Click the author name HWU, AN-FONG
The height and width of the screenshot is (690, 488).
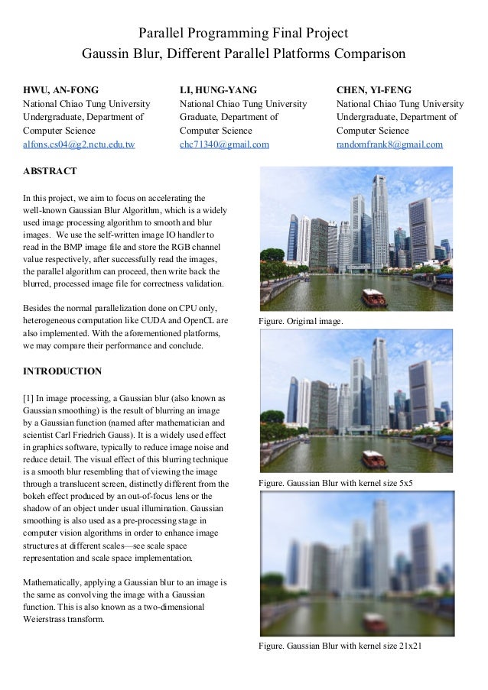(x=61, y=89)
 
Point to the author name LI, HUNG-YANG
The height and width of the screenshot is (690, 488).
(x=218, y=89)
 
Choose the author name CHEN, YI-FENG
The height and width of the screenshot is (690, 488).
(x=374, y=89)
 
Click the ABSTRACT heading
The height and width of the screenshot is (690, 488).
(x=50, y=170)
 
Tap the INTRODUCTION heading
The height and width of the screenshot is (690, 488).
(x=63, y=371)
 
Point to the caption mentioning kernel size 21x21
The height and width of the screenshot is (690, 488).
(x=340, y=646)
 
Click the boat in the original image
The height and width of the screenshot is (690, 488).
(x=373, y=297)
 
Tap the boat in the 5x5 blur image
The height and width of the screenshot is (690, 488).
(x=373, y=458)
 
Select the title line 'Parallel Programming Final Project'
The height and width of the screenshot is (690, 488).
(x=243, y=34)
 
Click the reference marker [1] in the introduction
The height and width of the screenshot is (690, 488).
(x=30, y=399)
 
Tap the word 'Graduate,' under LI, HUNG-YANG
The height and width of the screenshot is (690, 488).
(x=200, y=117)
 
